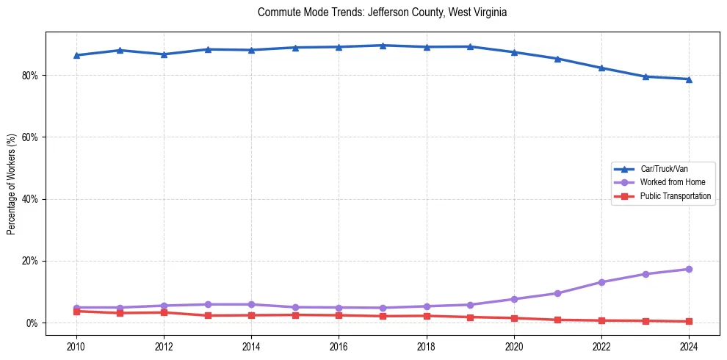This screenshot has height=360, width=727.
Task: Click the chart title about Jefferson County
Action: click(382, 12)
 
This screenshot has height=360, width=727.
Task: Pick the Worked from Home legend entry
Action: click(670, 182)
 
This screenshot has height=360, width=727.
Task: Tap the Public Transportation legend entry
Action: click(675, 196)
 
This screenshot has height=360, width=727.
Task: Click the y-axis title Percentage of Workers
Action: click(11, 184)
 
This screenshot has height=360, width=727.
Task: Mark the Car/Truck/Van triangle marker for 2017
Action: click(383, 46)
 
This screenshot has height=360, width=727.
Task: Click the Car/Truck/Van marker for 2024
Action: click(689, 79)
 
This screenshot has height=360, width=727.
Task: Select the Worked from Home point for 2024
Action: click(689, 270)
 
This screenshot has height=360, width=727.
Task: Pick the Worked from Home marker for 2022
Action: click(601, 282)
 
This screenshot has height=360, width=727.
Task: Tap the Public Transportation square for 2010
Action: click(76, 312)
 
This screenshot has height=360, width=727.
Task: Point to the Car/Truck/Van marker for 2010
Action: click(76, 55)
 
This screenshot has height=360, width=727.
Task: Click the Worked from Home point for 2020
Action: click(514, 299)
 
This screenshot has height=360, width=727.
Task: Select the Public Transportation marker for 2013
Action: click(208, 316)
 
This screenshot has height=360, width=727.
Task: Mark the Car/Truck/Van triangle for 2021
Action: click(557, 59)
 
